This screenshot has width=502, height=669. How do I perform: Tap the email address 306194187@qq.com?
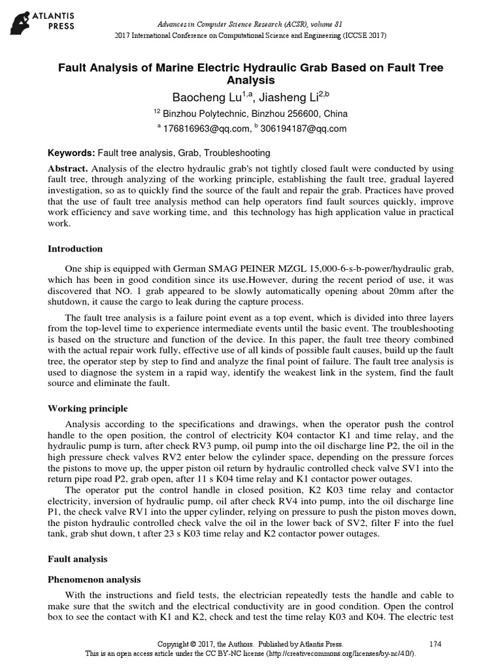(303, 129)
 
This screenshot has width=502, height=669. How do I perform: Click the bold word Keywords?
(72, 153)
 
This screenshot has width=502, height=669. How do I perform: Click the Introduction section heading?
(75, 249)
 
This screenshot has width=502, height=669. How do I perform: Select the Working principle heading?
(88, 409)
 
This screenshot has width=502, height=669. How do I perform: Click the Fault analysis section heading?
(77, 559)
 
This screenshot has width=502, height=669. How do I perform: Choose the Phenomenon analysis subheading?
(94, 579)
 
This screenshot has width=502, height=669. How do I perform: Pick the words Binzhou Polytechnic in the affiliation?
(206, 113)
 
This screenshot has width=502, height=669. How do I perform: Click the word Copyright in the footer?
(177, 644)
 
